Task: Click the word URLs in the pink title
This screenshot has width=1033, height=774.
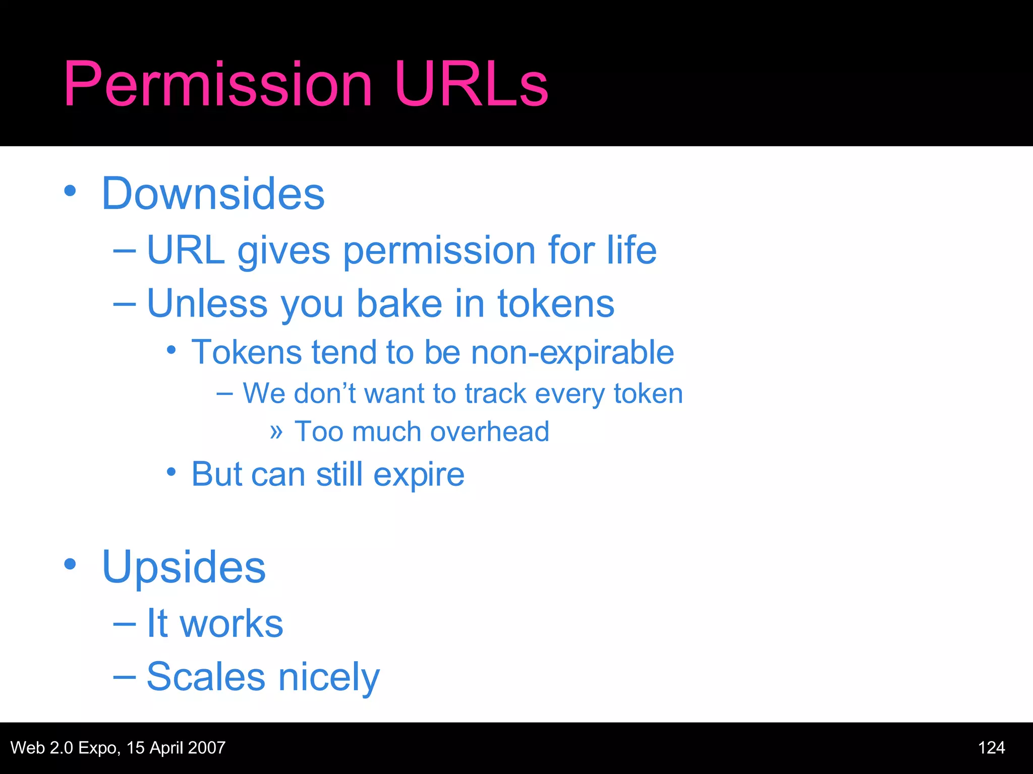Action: (472, 84)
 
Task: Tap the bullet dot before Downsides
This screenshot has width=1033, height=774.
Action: (70, 191)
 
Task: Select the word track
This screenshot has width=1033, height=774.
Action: (495, 394)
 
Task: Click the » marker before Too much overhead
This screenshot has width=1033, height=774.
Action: (276, 432)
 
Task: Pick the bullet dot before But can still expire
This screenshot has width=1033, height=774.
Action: (171, 472)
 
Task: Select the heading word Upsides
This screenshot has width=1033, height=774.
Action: (184, 567)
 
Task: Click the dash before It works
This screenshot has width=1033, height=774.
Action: (125, 624)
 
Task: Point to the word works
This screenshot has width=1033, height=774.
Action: (232, 624)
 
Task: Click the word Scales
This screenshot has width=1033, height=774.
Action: (206, 677)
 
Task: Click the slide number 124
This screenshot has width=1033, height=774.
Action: (991, 748)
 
